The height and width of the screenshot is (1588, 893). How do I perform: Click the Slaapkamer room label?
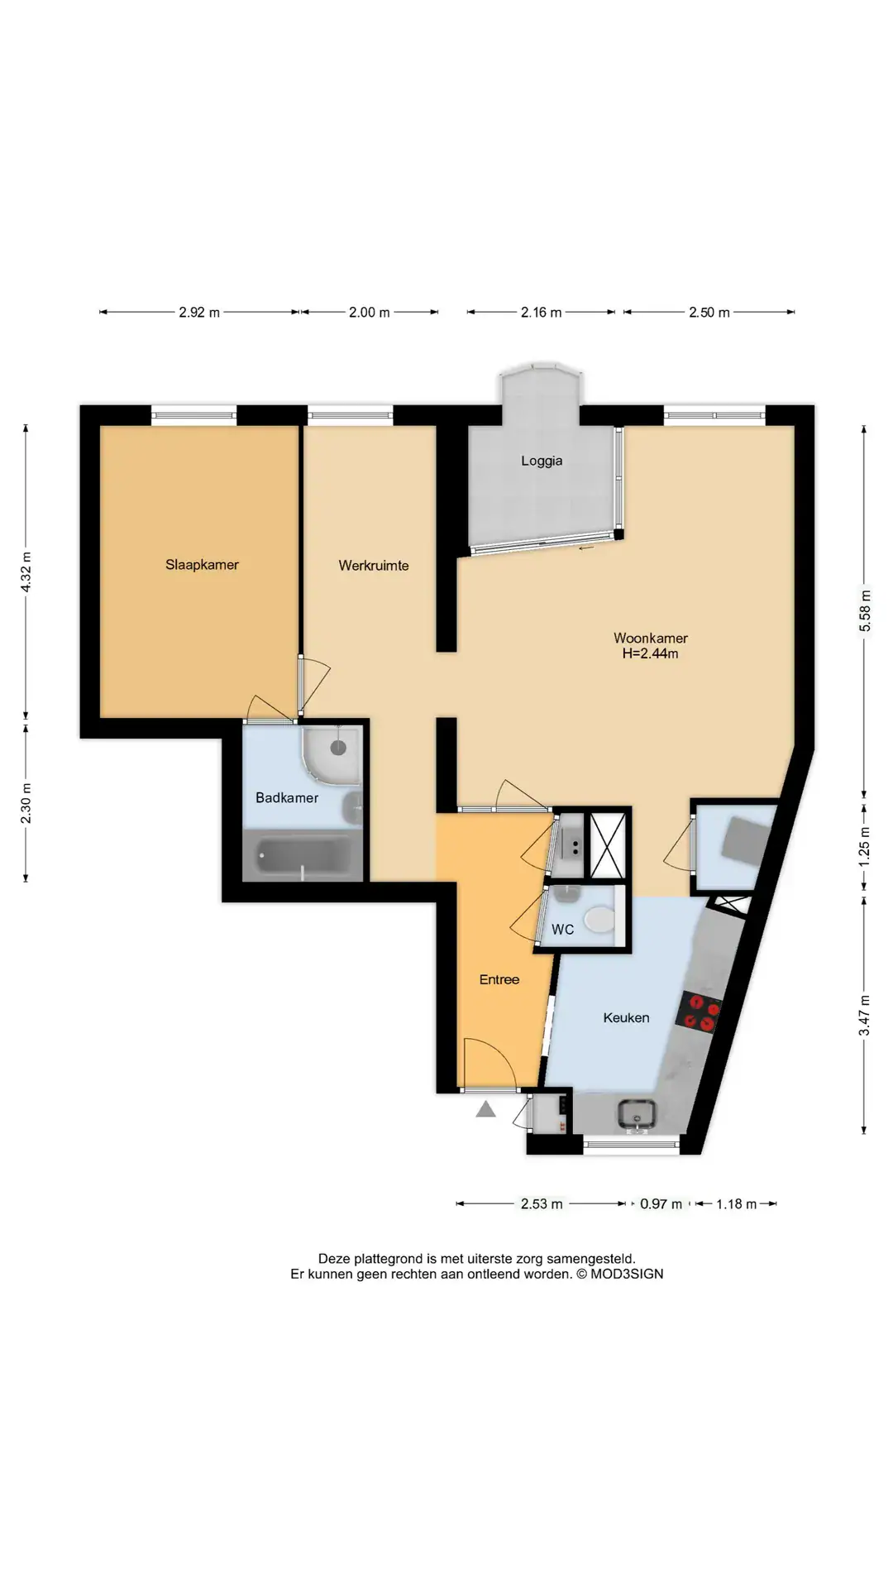point(202,565)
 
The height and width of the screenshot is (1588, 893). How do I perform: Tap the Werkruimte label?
point(374,566)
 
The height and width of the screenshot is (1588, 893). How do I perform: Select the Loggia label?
point(542,462)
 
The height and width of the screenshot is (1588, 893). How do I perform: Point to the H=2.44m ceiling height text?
point(651,653)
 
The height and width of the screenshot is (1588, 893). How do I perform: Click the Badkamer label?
point(287,798)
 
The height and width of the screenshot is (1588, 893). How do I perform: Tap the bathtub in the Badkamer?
point(304,856)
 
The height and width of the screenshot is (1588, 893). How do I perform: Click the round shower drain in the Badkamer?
point(337,747)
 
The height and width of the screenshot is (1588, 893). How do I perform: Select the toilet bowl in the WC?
point(599,920)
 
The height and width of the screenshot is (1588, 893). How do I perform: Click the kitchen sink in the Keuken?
point(637,1114)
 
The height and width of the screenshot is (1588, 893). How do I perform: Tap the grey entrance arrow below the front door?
point(485,1109)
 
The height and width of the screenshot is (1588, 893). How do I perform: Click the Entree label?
point(499,979)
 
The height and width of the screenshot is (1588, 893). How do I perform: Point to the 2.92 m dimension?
point(199,313)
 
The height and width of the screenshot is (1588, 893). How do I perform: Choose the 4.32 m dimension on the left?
point(26,572)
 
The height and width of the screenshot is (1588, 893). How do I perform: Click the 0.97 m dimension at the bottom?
point(661,1204)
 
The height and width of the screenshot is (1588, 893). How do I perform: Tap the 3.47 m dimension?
point(865,1016)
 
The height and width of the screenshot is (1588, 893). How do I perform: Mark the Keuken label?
point(626,1018)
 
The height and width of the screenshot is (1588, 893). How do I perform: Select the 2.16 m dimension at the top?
point(541,313)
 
